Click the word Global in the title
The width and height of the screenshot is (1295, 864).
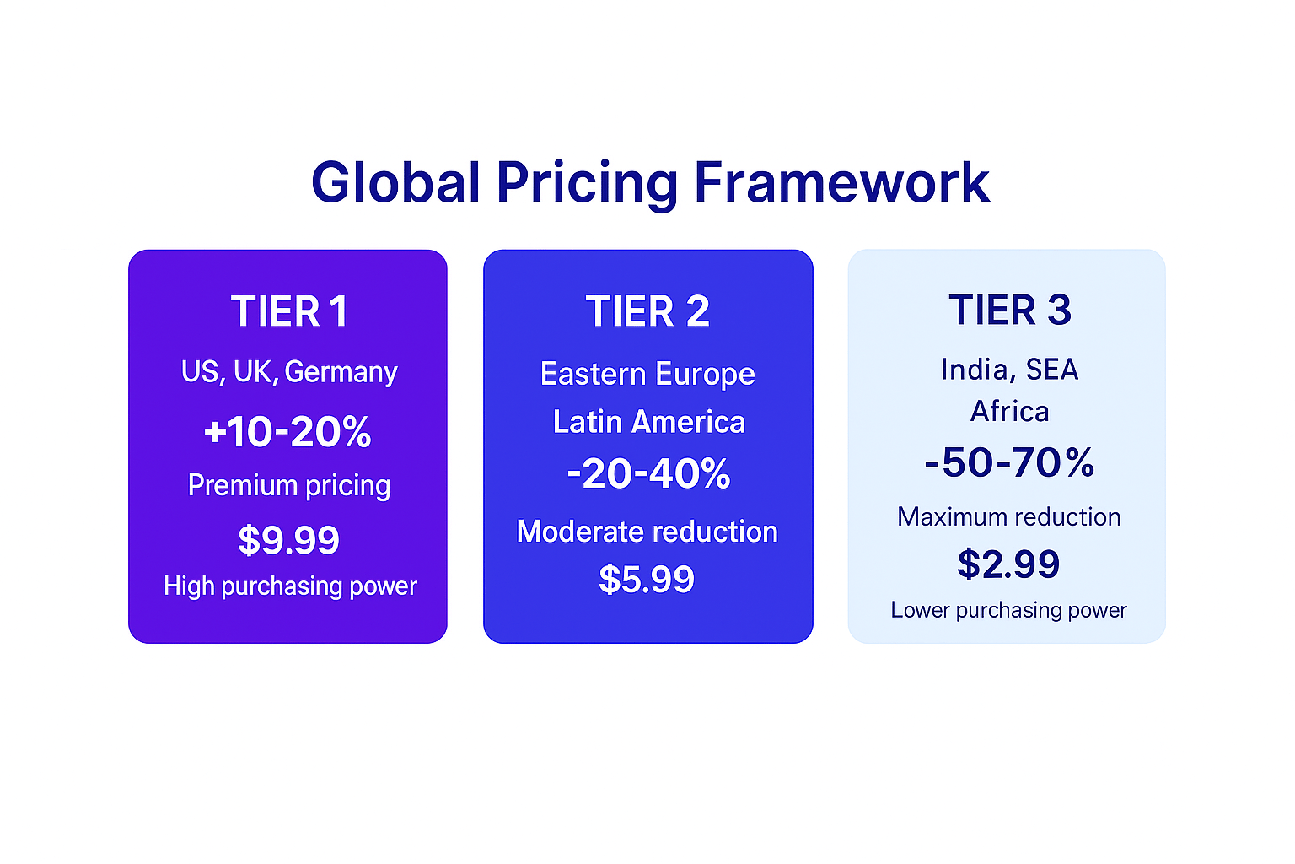(x=396, y=183)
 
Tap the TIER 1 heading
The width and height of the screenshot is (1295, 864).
(x=289, y=311)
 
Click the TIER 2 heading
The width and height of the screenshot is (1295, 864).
(x=647, y=311)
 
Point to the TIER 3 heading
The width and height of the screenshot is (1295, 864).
(x=1009, y=310)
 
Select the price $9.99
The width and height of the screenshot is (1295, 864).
(x=288, y=540)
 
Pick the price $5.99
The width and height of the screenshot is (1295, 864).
(x=647, y=580)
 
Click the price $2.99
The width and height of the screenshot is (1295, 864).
(x=1008, y=564)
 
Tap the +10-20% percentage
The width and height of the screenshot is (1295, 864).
(x=287, y=432)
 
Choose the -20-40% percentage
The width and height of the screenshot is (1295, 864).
(x=647, y=473)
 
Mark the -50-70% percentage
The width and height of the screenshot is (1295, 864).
(x=1009, y=462)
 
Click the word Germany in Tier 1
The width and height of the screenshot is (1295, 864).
(x=341, y=372)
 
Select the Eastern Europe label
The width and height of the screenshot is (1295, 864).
(x=647, y=374)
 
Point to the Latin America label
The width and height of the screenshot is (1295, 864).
(x=648, y=422)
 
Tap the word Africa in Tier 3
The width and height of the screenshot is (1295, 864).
(x=1009, y=412)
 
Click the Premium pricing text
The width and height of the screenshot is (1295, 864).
(x=289, y=485)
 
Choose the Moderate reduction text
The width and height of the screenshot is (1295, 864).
(x=647, y=532)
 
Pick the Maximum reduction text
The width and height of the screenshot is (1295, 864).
(x=1008, y=516)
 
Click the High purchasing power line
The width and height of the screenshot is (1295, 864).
(x=290, y=586)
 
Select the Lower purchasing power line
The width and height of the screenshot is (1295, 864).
(x=1008, y=610)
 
